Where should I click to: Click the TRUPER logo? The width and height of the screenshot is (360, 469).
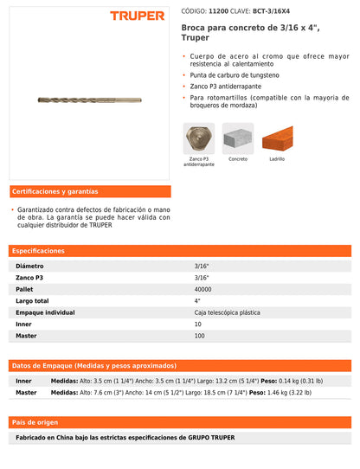click(137, 16)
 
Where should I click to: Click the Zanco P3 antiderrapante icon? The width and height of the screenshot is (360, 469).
click(199, 139)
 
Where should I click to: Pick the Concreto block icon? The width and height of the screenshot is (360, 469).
click(238, 138)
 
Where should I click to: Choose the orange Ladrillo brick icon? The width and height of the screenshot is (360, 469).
click(277, 138)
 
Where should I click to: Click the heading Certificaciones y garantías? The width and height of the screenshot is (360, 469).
click(55, 191)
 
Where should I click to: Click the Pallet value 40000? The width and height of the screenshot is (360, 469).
click(202, 289)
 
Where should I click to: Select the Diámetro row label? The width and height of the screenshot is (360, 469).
click(29, 266)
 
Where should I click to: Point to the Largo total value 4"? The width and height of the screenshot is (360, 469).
click(197, 300)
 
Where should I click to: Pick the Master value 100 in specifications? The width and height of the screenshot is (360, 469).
click(199, 335)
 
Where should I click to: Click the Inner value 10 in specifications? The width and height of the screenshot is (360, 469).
click(197, 324)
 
